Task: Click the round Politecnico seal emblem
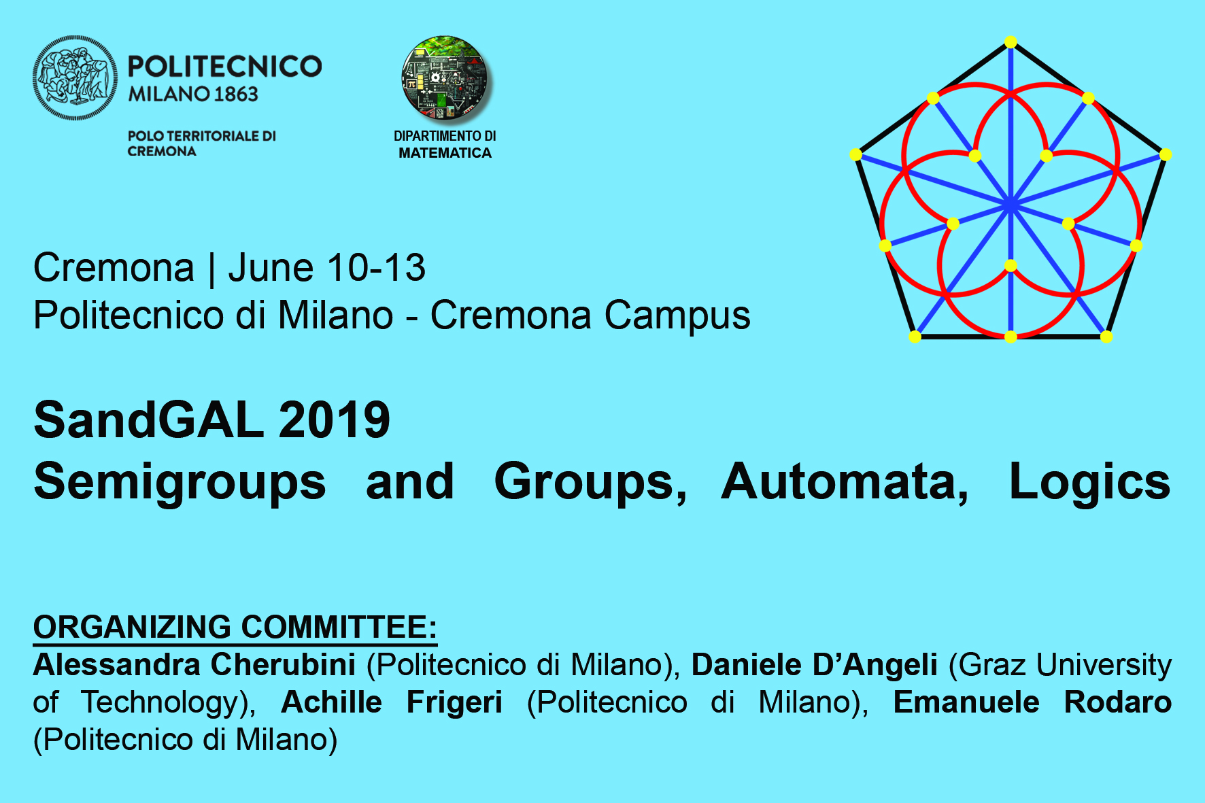(75, 78)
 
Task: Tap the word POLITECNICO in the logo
(225, 67)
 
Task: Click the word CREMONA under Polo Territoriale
(162, 151)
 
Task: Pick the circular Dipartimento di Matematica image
(445, 78)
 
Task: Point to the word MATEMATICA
(445, 153)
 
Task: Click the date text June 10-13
(326, 267)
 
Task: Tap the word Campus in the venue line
(677, 316)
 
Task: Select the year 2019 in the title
(335, 420)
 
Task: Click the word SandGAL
(149, 420)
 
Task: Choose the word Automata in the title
(845, 482)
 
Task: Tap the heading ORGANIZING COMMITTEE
(235, 627)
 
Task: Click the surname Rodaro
(1117, 702)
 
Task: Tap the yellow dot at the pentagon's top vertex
(1011, 42)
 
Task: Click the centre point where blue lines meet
(1011, 203)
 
